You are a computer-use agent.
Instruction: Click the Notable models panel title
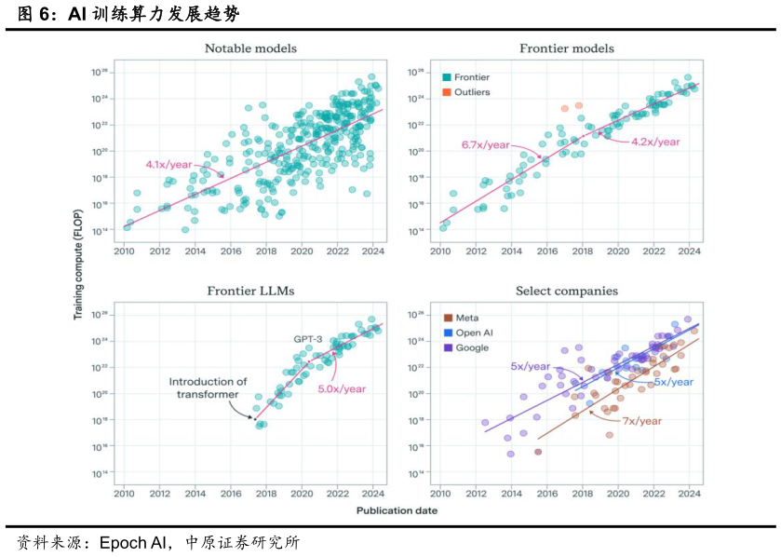click(x=250, y=48)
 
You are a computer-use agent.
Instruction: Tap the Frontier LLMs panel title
click(x=250, y=292)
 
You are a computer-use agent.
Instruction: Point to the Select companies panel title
click(x=566, y=292)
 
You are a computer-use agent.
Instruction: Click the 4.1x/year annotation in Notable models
click(x=169, y=165)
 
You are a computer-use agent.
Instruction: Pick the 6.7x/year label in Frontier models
click(x=486, y=144)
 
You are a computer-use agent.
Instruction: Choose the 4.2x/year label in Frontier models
click(x=655, y=142)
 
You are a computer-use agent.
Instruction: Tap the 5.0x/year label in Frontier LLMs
click(x=342, y=388)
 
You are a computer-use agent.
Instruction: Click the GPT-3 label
click(x=310, y=339)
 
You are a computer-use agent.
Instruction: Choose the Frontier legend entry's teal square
click(x=447, y=77)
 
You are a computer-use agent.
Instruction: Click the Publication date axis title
click(x=390, y=510)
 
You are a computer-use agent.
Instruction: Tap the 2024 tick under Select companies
click(x=690, y=493)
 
